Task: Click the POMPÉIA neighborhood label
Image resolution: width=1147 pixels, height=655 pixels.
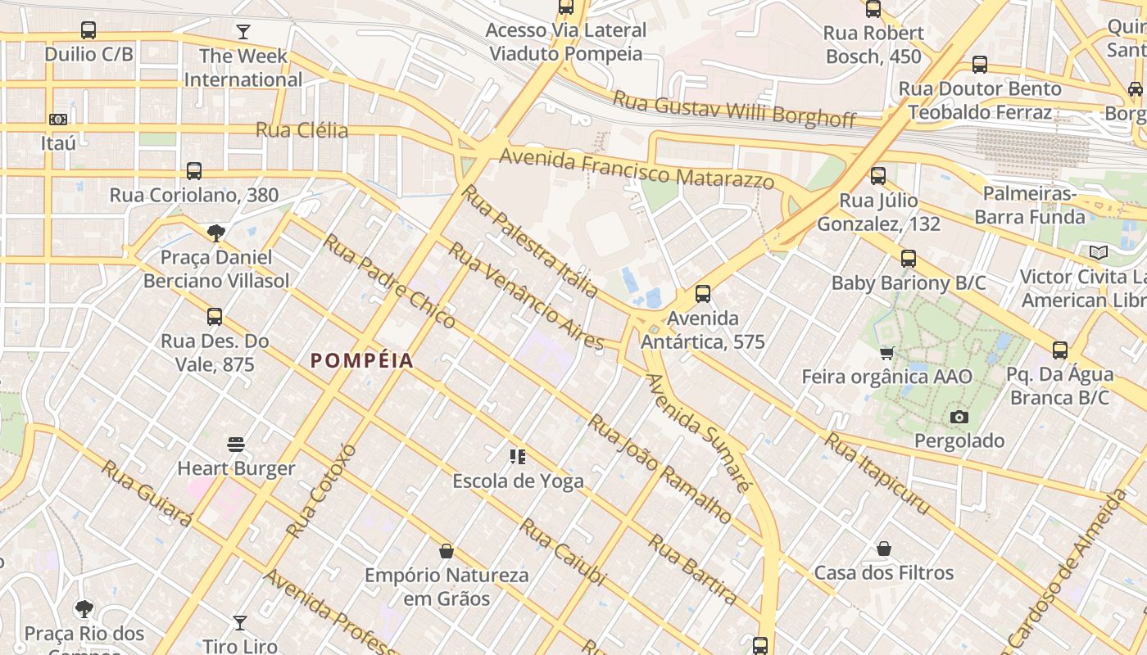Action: point(362,360)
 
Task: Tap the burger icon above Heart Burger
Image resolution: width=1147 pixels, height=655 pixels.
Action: point(236,445)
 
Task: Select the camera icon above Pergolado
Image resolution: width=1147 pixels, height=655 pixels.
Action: point(959,417)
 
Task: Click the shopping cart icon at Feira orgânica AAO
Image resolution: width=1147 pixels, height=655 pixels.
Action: point(886,353)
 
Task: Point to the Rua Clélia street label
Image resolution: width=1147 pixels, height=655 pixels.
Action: point(301,130)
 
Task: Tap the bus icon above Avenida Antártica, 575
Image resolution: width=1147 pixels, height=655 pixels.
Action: point(702,294)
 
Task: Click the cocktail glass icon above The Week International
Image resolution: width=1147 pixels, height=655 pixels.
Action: point(243,32)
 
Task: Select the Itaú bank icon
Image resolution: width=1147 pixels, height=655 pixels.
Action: point(57,120)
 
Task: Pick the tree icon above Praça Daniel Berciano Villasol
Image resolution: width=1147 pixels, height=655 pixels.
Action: point(216,233)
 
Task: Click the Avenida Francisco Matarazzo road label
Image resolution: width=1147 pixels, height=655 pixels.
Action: point(637,168)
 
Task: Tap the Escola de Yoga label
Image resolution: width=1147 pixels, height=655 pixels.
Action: point(518,481)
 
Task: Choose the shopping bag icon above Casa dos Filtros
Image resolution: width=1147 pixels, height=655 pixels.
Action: point(883,549)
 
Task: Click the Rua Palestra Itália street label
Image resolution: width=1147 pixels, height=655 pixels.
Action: point(529,241)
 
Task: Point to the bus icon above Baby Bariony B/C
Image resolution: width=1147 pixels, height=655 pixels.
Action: point(908,259)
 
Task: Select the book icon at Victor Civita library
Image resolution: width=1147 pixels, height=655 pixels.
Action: point(1098,253)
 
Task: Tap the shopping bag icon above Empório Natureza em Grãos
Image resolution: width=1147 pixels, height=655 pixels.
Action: point(447,551)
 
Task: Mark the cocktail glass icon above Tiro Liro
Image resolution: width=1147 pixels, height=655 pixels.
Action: point(239,623)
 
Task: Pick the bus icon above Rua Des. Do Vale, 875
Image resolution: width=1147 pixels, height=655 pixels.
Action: point(215,317)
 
